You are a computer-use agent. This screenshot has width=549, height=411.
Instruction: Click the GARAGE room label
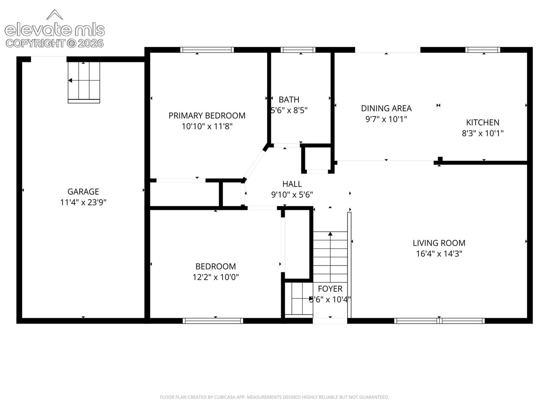pos(83,191)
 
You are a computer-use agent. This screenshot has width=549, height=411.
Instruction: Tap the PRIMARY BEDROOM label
pos(207,116)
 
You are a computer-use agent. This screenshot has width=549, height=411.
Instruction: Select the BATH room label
pos(289,100)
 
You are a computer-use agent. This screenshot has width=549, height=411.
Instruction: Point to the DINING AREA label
pos(386,108)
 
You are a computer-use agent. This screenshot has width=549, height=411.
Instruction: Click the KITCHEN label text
pos(482,122)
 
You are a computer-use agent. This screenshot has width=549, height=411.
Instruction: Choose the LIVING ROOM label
pos(439,243)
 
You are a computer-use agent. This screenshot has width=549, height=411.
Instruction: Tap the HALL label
pos(292,184)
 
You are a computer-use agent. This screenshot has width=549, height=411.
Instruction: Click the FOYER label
pos(330,289)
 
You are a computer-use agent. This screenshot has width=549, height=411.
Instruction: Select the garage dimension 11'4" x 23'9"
pos(83,202)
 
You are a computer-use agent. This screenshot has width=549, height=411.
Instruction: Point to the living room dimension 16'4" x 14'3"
pos(439,253)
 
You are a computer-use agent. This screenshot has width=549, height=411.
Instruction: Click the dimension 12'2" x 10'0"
pos(216,277)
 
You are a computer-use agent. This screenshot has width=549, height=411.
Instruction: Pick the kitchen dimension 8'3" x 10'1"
pos(482,133)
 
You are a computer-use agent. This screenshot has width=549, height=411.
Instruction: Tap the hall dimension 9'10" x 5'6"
pos(292,194)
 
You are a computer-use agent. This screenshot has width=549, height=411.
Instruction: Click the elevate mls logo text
pos(55,30)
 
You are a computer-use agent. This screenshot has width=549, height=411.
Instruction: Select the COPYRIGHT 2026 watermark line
pos(55,43)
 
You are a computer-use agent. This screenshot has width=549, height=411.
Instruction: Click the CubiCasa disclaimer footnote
pos(274,397)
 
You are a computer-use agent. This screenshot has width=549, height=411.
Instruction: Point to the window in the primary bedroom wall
pos(207,49)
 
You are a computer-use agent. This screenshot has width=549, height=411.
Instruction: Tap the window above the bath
pos(298,49)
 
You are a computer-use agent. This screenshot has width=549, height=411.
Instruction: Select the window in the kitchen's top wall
pos(483,49)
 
